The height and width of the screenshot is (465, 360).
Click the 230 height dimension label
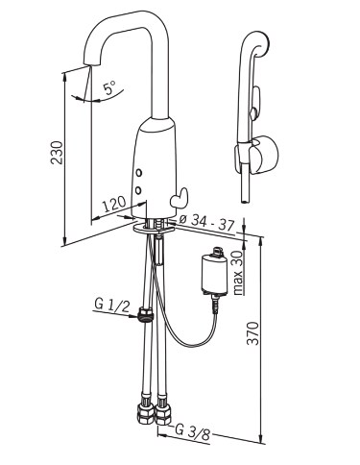click(57, 152)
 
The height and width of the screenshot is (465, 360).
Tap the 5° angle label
click(109, 87)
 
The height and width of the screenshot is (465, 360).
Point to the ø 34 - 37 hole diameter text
click(207, 223)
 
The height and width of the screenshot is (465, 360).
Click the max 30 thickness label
click(238, 272)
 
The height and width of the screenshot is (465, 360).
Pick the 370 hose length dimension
click(253, 333)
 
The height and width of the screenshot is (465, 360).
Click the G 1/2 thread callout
click(112, 305)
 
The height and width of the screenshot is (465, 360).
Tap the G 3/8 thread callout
click(192, 432)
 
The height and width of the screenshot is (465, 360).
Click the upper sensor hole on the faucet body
click(138, 173)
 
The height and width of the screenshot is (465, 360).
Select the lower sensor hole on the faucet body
click(138, 190)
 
